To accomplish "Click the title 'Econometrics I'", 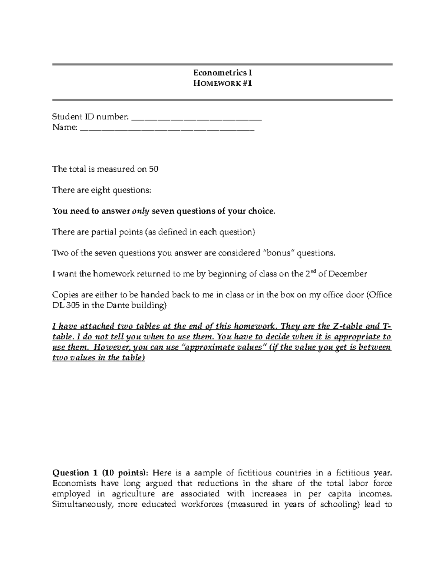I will click(x=222, y=73).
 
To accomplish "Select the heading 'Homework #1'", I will click(x=222, y=83).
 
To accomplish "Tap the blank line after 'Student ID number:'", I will click(x=197, y=118).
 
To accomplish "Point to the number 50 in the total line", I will click(x=154, y=169).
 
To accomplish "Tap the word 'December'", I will click(x=347, y=274).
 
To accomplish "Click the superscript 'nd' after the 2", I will click(x=313, y=272).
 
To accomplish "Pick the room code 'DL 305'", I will click(x=66, y=306).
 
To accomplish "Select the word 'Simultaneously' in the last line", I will click(x=81, y=504).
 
